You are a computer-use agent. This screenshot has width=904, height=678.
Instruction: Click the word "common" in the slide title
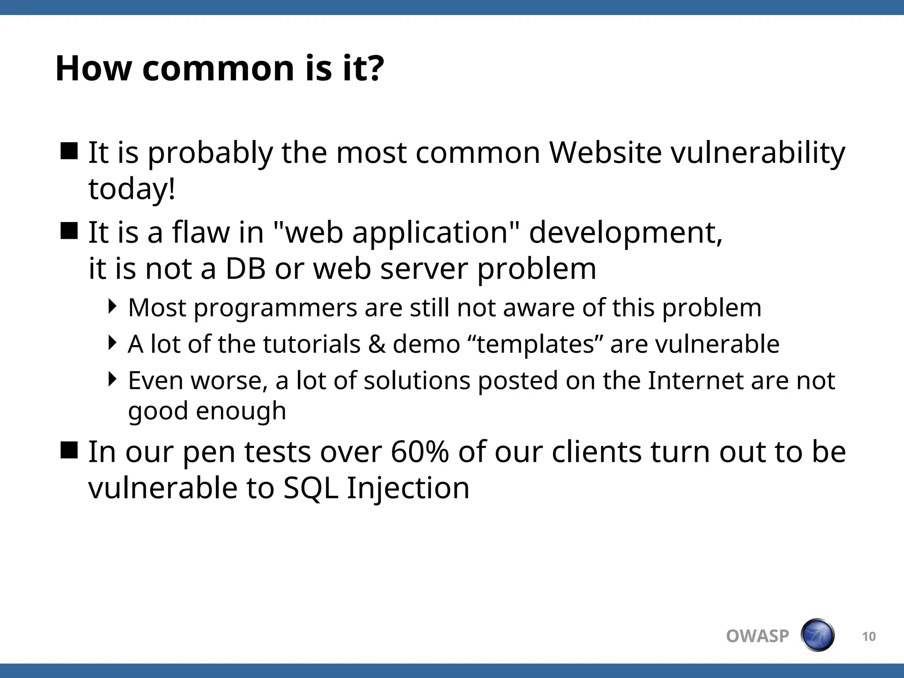tap(218, 69)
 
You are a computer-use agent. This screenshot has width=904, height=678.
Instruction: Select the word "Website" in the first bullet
tap(605, 153)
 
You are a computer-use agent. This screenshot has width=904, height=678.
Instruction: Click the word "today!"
tap(132, 189)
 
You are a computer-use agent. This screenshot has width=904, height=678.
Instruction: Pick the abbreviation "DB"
tap(245, 268)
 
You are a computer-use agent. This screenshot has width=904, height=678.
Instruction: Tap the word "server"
tap(424, 269)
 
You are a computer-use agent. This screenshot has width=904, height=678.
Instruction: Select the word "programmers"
tap(275, 308)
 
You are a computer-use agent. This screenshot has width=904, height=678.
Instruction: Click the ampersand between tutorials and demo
tap(377, 344)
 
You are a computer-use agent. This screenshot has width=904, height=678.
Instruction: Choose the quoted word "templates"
tap(535, 344)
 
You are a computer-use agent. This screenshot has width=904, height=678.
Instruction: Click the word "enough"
tap(241, 411)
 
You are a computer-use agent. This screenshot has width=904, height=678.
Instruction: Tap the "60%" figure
tap(419, 452)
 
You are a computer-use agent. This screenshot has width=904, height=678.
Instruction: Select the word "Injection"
tap(408, 489)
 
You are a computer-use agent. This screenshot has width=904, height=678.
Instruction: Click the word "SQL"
tap(310, 489)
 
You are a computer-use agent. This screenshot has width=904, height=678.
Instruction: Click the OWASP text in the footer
tap(757, 636)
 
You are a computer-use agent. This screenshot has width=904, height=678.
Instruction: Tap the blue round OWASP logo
tap(817, 635)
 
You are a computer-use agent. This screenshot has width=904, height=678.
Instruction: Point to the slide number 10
tap(869, 637)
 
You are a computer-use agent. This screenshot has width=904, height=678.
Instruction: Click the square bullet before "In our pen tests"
tap(69, 450)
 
